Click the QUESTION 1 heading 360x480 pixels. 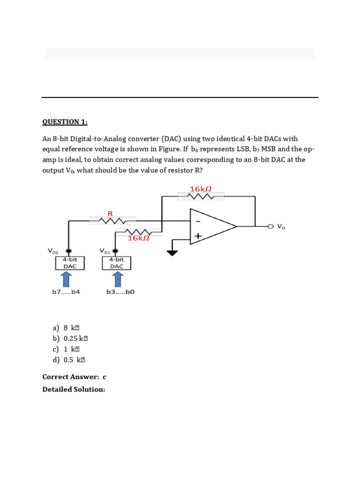point(65,122)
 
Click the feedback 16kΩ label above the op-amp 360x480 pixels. point(201,189)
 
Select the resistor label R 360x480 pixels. point(111,214)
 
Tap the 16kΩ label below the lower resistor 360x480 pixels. point(138,238)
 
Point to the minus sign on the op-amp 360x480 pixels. point(198,220)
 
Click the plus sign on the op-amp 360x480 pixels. point(198,237)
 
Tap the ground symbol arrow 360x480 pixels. point(172,253)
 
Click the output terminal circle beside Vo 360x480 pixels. point(270,226)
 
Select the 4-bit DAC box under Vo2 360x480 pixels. point(70,262)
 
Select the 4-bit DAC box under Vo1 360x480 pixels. point(117,262)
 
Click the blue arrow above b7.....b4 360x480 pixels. point(67,279)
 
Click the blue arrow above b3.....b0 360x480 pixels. point(117,279)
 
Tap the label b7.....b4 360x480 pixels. point(66,292)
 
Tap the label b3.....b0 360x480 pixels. point(120,292)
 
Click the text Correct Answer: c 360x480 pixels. point(74,377)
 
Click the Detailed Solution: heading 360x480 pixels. point(74,390)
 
